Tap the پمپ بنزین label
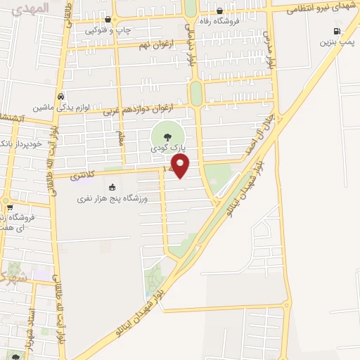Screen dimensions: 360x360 [335, 42]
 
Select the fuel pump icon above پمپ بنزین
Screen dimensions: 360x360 [337, 31]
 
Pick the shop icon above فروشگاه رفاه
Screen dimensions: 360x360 [220, 11]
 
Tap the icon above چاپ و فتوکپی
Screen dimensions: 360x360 [107, 19]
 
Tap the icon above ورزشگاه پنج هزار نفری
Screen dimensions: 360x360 [111, 187]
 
